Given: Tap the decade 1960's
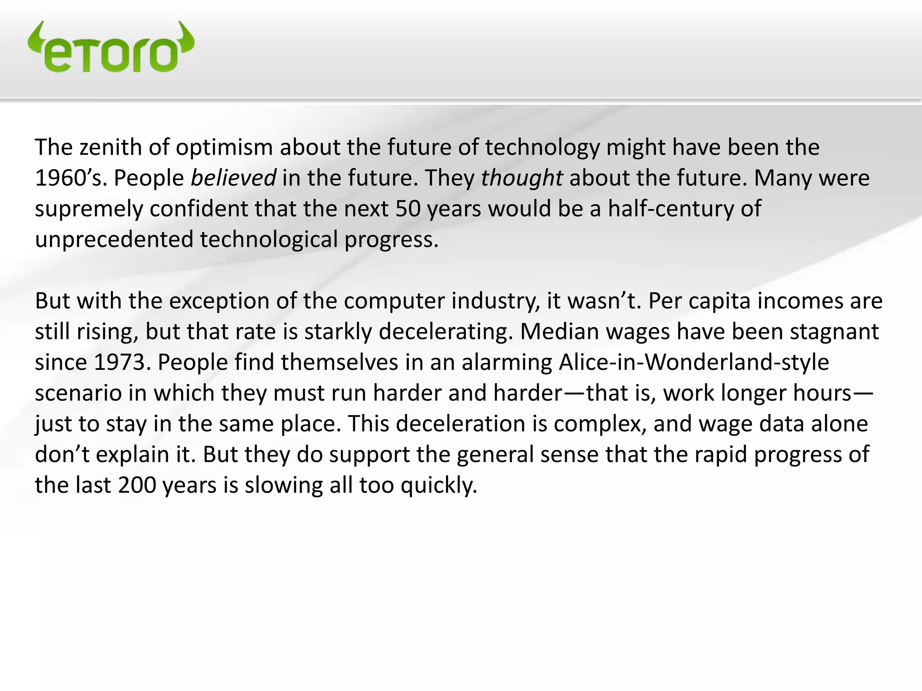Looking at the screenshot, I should (71, 178).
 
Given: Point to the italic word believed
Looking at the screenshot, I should (233, 178).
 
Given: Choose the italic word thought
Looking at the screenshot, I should (522, 178).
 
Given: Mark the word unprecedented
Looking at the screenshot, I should (114, 240).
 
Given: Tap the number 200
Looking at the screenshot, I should (137, 485).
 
